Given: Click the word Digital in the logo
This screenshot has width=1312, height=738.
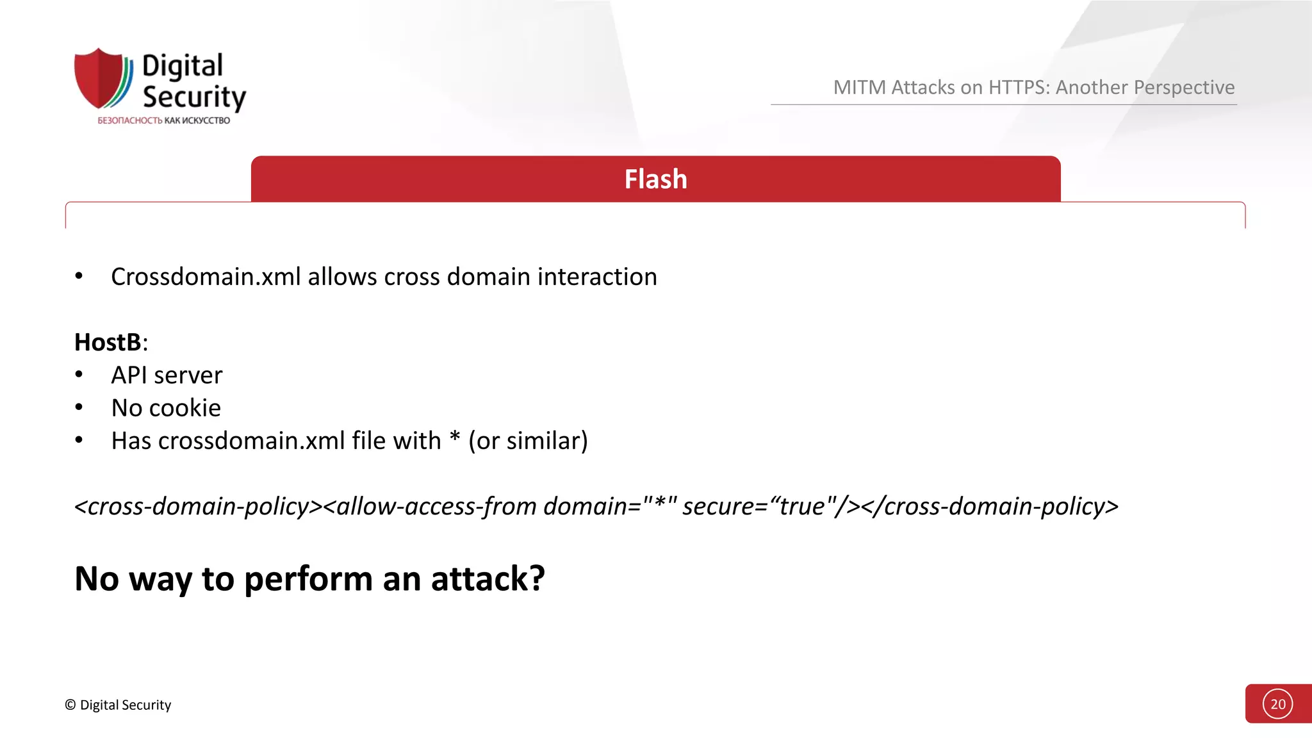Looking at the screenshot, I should tap(183, 67).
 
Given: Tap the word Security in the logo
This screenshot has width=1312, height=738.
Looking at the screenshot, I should tap(194, 97).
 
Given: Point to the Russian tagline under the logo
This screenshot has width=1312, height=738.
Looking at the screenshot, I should tap(163, 120).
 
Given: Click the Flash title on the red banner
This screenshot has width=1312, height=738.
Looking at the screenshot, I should tap(655, 179).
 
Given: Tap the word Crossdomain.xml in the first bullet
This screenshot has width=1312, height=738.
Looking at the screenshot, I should tap(206, 277).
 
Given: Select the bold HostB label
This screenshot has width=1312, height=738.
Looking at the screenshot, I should tap(108, 342).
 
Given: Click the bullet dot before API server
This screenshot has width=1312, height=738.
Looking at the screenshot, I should tap(79, 374).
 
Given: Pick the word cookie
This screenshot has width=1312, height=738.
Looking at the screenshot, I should tap(188, 408).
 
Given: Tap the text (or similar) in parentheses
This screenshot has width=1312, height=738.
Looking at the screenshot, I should tap(528, 441).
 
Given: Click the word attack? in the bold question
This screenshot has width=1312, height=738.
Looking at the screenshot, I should tap(488, 578).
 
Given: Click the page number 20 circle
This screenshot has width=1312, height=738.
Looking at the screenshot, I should tap(1277, 704).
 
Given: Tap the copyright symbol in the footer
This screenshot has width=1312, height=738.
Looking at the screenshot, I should tap(70, 705).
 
